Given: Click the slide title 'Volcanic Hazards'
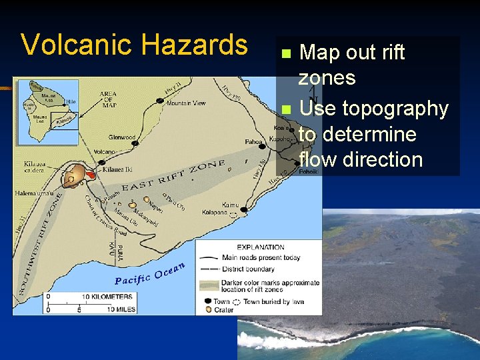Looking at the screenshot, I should (x=134, y=45).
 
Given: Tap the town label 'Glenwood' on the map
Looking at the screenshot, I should (x=121, y=137).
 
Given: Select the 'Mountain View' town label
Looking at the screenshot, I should (x=186, y=103).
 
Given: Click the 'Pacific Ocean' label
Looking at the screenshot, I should (x=149, y=274).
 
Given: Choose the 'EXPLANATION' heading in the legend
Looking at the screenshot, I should (x=261, y=247).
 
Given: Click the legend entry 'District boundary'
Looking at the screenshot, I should (x=248, y=269).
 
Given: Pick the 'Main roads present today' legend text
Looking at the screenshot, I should (x=261, y=258).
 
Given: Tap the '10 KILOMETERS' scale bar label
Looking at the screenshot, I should (x=106, y=297).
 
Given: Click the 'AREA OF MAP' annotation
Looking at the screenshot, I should (x=108, y=98).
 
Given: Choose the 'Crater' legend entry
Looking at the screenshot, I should (x=224, y=310).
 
